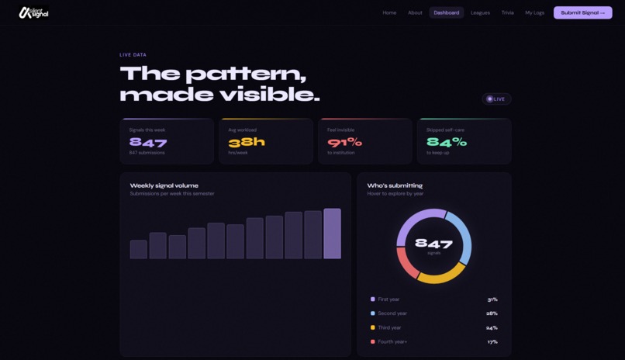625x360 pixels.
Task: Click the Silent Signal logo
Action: click(x=34, y=12)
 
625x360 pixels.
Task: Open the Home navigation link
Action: click(x=389, y=12)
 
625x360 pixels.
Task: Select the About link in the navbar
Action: click(x=415, y=12)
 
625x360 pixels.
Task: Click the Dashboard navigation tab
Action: click(x=446, y=12)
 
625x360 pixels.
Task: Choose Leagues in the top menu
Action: click(x=480, y=12)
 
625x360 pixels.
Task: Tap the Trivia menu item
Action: click(x=507, y=12)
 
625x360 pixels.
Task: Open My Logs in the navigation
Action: click(x=534, y=12)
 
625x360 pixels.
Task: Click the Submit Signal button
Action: click(x=582, y=12)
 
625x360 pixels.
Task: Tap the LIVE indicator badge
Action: click(x=496, y=99)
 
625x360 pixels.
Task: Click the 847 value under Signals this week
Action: click(x=148, y=142)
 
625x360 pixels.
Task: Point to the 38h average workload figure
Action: click(x=247, y=142)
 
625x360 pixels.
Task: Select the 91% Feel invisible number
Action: click(x=345, y=142)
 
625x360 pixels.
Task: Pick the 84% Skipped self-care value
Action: click(x=447, y=142)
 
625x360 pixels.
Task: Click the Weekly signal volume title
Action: click(x=164, y=185)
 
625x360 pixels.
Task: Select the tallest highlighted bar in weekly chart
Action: click(x=332, y=234)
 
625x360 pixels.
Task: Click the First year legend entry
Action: click(x=388, y=299)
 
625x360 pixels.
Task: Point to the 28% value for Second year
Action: click(x=492, y=313)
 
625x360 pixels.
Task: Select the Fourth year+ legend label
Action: click(x=392, y=341)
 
